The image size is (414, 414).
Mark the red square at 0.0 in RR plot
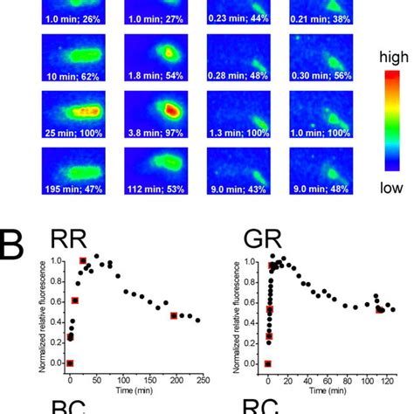click(x=71, y=363)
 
